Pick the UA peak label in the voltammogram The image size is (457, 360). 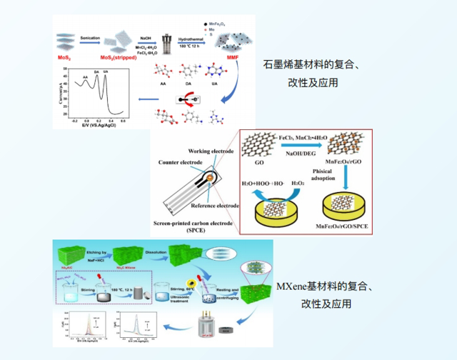point(106,73)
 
